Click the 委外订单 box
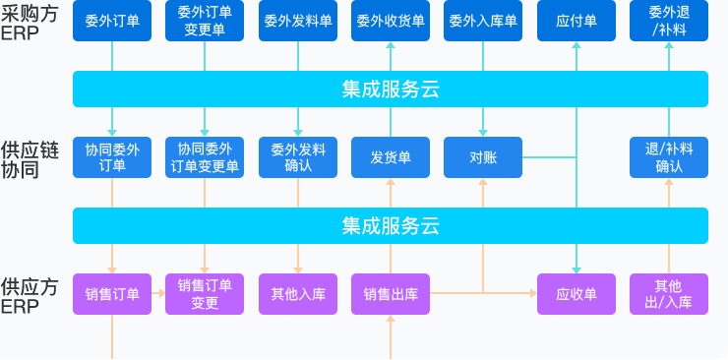112,21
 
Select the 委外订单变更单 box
205,21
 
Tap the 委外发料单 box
298,21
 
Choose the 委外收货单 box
391,21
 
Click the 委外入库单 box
482,21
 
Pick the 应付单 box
576,21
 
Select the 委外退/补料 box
668,21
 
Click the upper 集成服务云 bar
391,90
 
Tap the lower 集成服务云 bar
391,225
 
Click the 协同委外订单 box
112,157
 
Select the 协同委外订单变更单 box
205,157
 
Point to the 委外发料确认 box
298,157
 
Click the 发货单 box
391,157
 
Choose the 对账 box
482,157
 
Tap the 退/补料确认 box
668,157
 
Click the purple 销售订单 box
112,294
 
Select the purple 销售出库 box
391,294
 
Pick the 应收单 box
576,294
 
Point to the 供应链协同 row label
30,158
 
